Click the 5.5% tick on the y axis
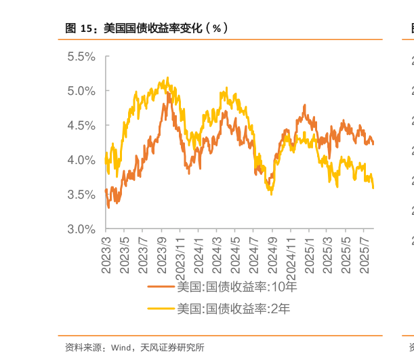[x=81, y=56]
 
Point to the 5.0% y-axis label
[x=81, y=91]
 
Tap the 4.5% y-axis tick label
[x=81, y=125]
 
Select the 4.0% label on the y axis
[x=81, y=160]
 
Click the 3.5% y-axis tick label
[x=81, y=195]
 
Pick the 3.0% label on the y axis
[x=81, y=229]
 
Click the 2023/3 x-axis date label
[x=106, y=254]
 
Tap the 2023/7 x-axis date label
[x=144, y=254]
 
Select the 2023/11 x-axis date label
[x=180, y=256]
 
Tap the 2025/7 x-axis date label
[x=365, y=254]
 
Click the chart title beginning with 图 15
[x=146, y=28]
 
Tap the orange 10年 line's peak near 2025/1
[x=305, y=106]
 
